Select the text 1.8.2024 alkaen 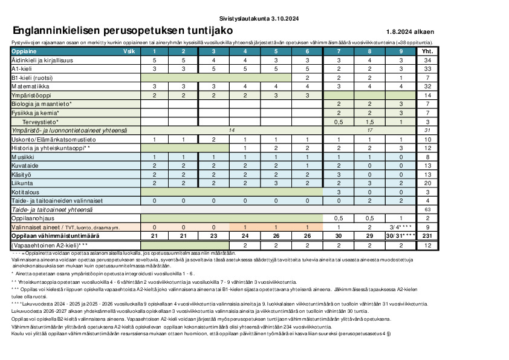click(x=410, y=32)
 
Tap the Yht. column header click(x=427, y=52)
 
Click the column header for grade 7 click(x=339, y=52)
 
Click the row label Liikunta click(x=23, y=183)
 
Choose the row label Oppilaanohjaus click(x=30, y=218)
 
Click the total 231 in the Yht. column click(x=427, y=235)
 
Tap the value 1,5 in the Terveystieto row click(x=369, y=122)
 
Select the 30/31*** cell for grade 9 click(x=400, y=235)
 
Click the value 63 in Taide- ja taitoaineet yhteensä click(x=427, y=209)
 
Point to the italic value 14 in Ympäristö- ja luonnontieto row click(x=231, y=130)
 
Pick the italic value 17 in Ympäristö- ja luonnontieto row click(x=369, y=130)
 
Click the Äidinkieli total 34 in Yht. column click(x=427, y=61)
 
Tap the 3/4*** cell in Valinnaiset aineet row click(x=400, y=226)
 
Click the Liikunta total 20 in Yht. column click(x=427, y=183)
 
